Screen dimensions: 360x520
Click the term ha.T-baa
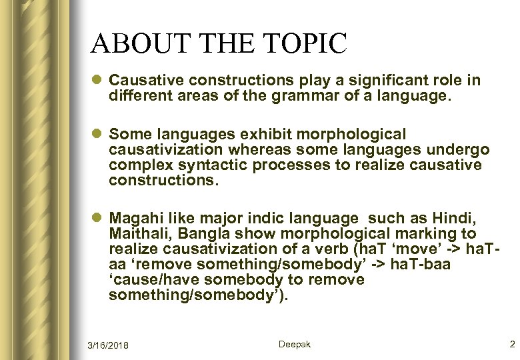(x=424, y=265)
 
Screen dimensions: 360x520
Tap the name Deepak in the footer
(x=294, y=344)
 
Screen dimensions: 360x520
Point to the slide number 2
(x=512, y=344)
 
